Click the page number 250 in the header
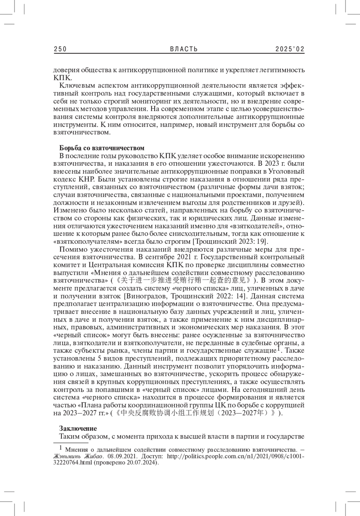[60, 49]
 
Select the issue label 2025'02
[290, 49]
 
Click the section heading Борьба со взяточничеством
[102, 148]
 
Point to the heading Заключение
[78, 428]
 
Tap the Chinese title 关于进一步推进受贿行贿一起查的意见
[183, 281]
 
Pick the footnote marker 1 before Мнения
[61, 448]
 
